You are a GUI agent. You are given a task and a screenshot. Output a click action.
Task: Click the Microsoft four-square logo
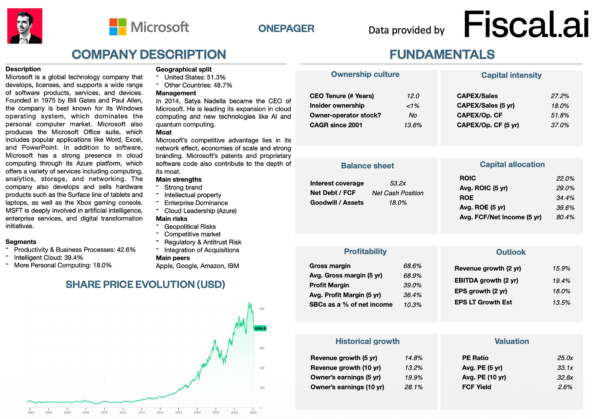[x=118, y=27]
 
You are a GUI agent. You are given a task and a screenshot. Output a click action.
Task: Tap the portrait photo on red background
[x=25, y=26]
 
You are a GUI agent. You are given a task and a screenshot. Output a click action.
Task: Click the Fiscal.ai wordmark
[x=526, y=25]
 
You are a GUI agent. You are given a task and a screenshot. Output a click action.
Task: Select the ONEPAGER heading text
[x=286, y=28]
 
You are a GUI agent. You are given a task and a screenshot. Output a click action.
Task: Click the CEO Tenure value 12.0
[x=413, y=96]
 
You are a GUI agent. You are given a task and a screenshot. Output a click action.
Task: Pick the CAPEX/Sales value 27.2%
[x=559, y=96]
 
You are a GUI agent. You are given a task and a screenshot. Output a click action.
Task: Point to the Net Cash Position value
[x=398, y=193]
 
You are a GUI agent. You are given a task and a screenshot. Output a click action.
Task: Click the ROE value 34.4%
[x=565, y=198]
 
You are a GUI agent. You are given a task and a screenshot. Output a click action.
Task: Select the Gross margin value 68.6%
[x=412, y=266]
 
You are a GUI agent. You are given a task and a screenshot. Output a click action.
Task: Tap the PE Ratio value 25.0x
[x=565, y=358]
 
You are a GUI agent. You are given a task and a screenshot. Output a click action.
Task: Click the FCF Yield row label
[x=477, y=387]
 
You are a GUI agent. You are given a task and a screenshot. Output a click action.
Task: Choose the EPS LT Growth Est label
[x=483, y=302]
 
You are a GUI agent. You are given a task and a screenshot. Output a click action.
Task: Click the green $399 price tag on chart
[x=260, y=328]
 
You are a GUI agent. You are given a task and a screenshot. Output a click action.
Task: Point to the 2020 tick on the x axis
[x=197, y=412]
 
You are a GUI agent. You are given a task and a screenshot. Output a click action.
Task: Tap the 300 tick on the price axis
[x=262, y=348]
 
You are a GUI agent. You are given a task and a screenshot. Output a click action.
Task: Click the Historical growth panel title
[x=367, y=341]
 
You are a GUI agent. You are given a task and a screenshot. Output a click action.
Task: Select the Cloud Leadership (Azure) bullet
[x=200, y=211]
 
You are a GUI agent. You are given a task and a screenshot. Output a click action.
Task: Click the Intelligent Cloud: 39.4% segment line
[x=48, y=258]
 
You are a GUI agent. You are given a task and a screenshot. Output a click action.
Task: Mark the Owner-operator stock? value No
[x=413, y=116]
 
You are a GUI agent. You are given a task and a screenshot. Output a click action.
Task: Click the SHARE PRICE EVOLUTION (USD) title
[x=145, y=284]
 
